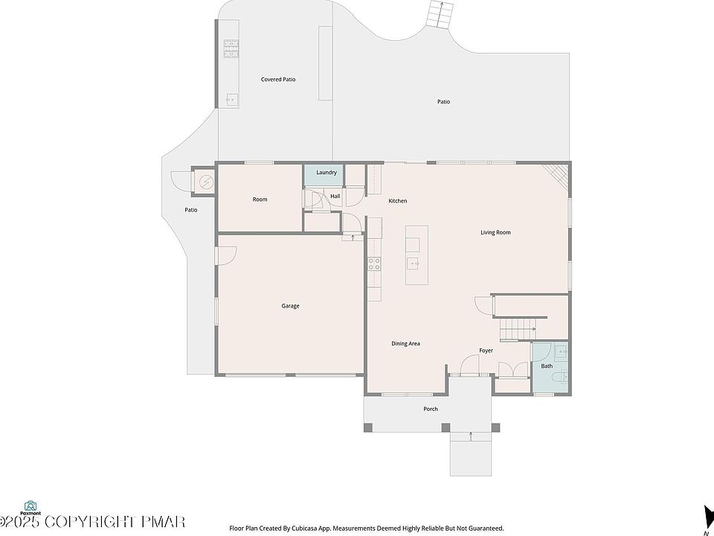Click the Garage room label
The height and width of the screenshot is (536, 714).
290,306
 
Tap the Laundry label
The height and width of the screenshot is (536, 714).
327,172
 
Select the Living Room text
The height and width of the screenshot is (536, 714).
495,232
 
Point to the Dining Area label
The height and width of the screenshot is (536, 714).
405,344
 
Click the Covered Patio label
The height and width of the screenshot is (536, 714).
277,80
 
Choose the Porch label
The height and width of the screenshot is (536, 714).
431,409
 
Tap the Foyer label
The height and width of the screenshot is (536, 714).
486,351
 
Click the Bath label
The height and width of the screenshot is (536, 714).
547,366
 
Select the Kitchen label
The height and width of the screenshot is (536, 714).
397,201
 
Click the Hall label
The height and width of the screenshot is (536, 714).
335,197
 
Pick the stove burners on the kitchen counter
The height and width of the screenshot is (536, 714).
374,264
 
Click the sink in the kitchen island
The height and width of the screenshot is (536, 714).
414,264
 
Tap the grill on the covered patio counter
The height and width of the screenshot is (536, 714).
231,48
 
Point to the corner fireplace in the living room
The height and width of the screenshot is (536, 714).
556,176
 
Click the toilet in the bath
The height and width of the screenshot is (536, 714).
559,377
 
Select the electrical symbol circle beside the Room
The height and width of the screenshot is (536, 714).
205,182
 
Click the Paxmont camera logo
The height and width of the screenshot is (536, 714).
30,505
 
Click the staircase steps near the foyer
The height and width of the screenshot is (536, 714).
516,329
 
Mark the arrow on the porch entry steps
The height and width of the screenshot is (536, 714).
471,435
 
